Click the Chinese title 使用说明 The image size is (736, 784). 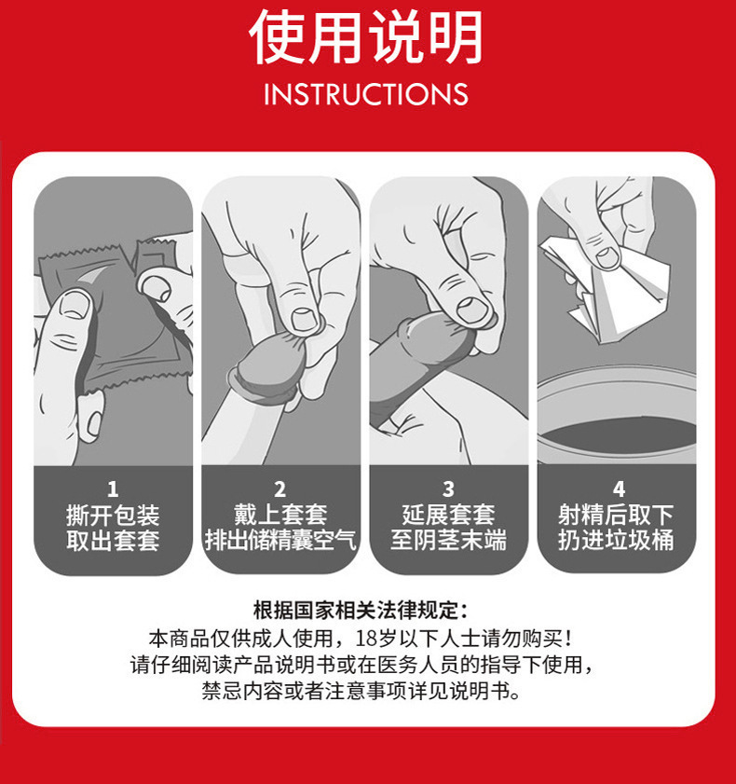[x=366, y=37]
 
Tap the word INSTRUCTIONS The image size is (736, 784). [x=366, y=94]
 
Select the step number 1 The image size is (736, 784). [x=113, y=489]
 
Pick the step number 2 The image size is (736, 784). [x=280, y=489]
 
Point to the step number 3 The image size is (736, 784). [x=449, y=489]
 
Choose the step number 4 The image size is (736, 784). [x=619, y=489]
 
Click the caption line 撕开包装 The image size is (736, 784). [x=113, y=516]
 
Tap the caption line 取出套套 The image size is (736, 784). [x=113, y=541]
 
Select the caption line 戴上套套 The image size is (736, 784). [x=280, y=515]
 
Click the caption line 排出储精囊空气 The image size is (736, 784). [x=280, y=540]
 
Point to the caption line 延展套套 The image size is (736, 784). [x=449, y=515]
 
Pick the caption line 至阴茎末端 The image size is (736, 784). [x=449, y=540]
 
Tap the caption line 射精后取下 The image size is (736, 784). [x=616, y=515]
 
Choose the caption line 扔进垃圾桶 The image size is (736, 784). [x=616, y=540]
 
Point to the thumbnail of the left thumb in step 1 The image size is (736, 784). [x=75, y=304]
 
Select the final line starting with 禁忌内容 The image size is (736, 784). [x=361, y=691]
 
